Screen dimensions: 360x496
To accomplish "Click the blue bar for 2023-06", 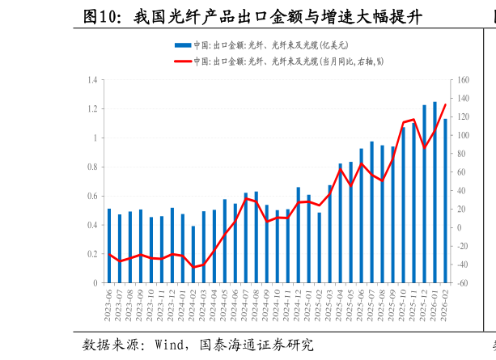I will coord(109,246).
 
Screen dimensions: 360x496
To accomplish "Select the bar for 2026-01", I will coord(435,193).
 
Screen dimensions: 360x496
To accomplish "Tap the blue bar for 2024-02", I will coord(193,255).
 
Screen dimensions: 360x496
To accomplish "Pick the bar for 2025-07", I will coord(371,213).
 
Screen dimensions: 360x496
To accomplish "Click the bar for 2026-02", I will coord(445,201).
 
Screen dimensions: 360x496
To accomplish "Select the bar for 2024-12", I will coord(298,235).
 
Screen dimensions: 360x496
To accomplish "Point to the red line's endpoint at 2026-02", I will coord(445,104).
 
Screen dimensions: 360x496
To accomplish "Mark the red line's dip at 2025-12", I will coord(424,147).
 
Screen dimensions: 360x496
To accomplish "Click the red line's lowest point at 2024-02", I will coord(193,267).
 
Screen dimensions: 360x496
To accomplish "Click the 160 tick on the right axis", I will coord(464,80).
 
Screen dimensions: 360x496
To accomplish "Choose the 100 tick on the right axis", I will coord(464,135).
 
